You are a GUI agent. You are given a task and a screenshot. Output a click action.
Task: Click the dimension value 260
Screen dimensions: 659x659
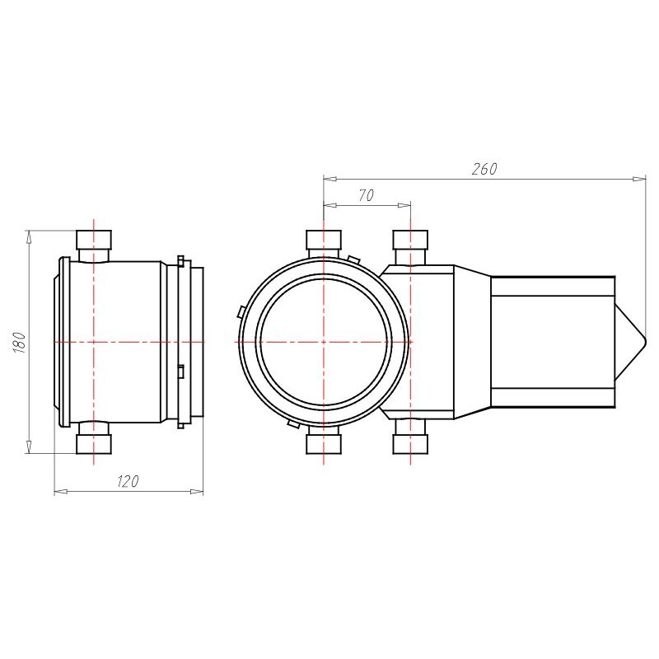[484, 169]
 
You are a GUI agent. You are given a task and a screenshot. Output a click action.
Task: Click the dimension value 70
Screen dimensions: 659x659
[366, 195]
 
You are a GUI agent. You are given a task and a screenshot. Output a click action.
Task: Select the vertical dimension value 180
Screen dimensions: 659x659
[20, 342]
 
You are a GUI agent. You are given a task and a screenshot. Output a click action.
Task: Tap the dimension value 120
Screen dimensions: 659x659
[128, 481]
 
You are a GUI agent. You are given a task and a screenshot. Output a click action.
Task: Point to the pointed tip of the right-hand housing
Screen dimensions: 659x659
[645, 342]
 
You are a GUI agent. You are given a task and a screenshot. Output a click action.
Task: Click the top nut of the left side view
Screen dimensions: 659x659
[94, 240]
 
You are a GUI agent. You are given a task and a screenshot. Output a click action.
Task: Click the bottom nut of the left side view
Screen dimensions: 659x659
[94, 445]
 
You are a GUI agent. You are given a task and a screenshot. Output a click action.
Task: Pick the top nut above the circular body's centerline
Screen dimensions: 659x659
[324, 240]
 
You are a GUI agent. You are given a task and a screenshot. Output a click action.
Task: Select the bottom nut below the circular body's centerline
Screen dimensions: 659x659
[324, 445]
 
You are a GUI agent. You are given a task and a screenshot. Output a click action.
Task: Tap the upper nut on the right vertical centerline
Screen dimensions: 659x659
[410, 240]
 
